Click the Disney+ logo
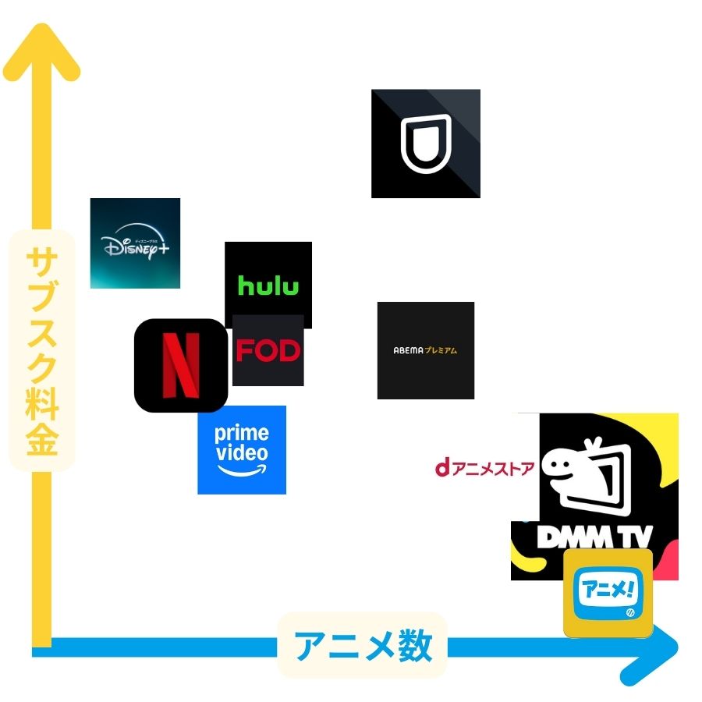[135, 243]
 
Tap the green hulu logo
[268, 285]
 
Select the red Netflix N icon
[180, 365]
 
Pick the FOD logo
[268, 351]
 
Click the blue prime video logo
[242, 449]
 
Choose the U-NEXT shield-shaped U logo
[425, 143]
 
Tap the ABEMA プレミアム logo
[425, 351]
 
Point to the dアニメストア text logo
[484, 468]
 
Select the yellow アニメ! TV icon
[608, 593]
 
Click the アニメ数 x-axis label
[362, 646]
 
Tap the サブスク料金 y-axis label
[41, 351]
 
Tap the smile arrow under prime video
[241, 471]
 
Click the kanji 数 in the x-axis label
[415, 646]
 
